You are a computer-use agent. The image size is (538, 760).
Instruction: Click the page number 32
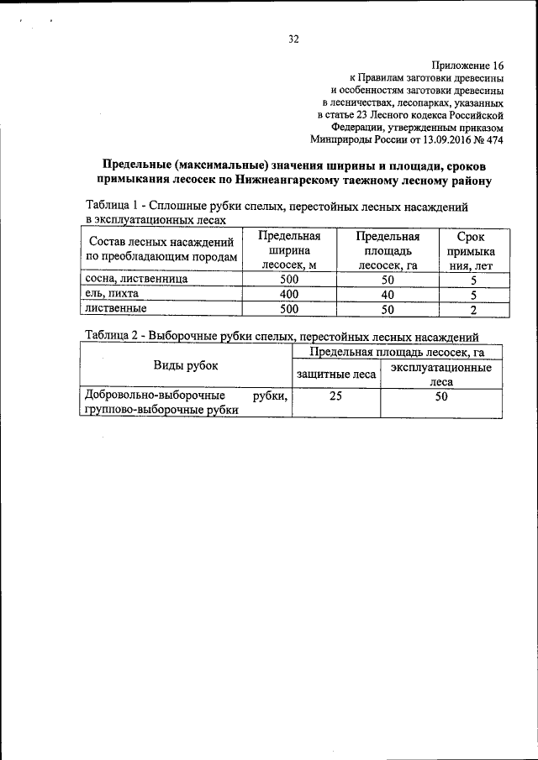point(294,39)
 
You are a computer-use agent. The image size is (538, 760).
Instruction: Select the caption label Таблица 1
point(113,207)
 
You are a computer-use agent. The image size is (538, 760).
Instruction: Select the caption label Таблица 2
point(113,335)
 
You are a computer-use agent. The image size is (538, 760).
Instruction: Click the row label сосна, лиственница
point(135,280)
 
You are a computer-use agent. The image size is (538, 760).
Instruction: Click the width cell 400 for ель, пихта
point(289,295)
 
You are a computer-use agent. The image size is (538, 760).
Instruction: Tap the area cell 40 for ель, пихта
point(388,295)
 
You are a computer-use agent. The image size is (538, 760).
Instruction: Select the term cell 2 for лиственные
point(473,310)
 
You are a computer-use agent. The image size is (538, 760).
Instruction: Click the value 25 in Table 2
point(335,397)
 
